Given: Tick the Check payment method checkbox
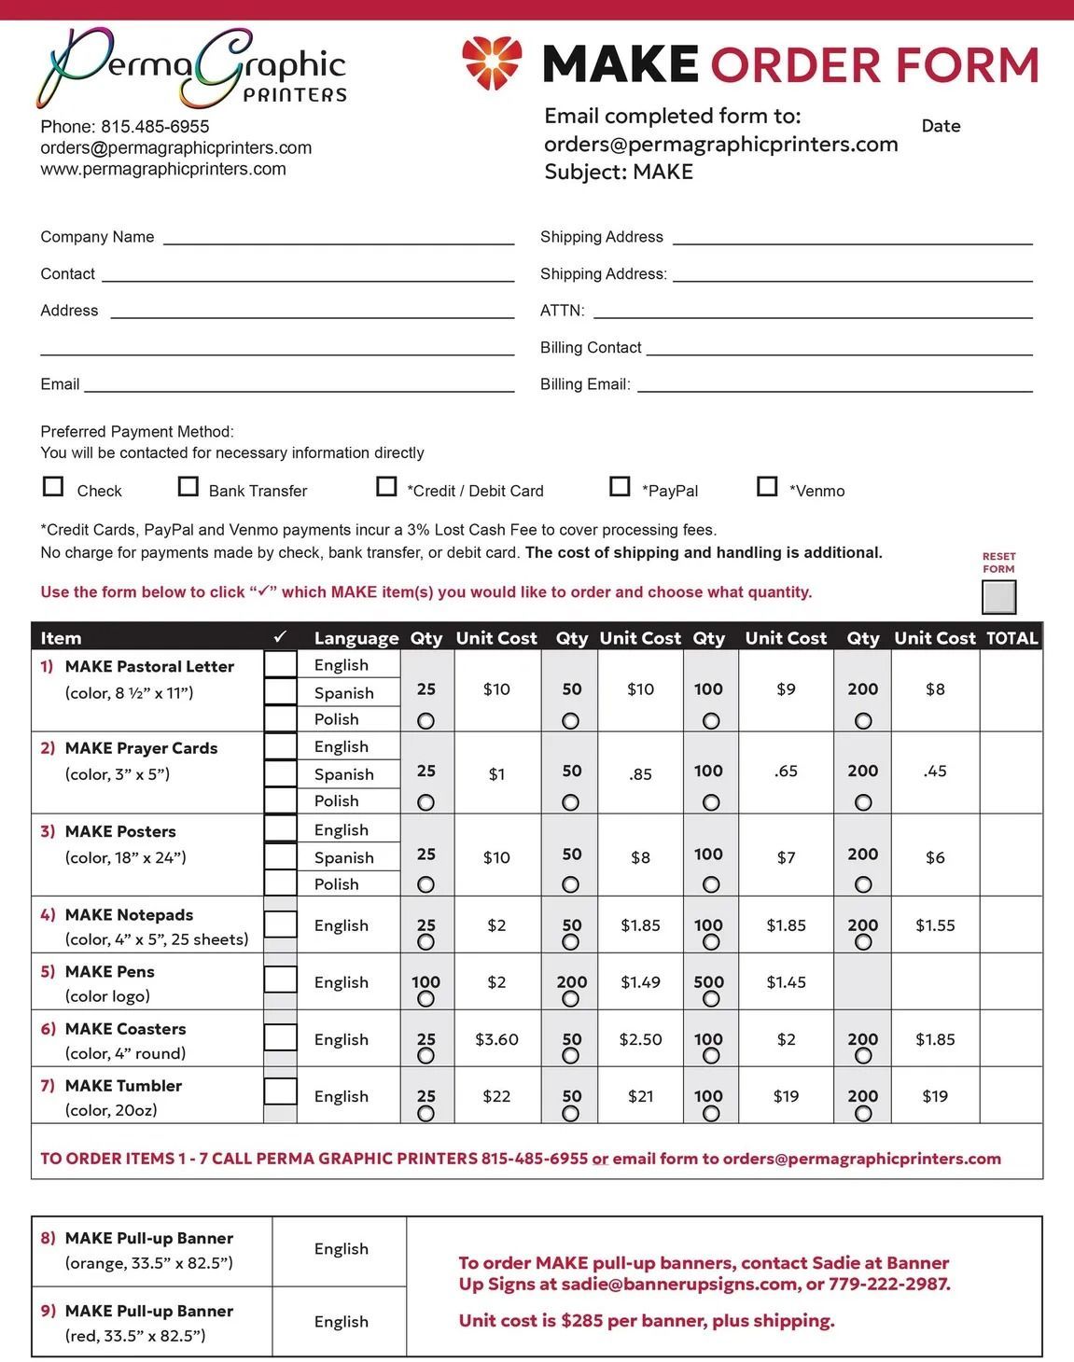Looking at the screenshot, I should [x=54, y=487].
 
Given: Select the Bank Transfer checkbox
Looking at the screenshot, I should [x=188, y=487].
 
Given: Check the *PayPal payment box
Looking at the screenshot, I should [x=620, y=487].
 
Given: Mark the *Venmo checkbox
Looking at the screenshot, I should [x=767, y=487].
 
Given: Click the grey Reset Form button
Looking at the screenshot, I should [x=998, y=597].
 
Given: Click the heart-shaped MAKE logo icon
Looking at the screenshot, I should [x=492, y=63].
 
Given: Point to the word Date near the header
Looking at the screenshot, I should [x=941, y=126].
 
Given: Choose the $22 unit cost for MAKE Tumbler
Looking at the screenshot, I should [x=496, y=1096].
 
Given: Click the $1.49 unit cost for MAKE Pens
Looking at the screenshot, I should [x=640, y=981].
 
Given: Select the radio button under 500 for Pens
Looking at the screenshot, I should [x=711, y=999].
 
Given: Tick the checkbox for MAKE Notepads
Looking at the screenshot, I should [x=281, y=924].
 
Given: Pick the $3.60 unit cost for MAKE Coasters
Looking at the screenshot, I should [x=496, y=1039].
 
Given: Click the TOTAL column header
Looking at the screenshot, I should [x=1011, y=638].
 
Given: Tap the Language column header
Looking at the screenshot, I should [x=356, y=638].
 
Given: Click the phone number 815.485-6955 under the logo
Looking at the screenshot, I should [x=155, y=126].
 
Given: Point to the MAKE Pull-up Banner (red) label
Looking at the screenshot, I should [x=149, y=1311].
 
